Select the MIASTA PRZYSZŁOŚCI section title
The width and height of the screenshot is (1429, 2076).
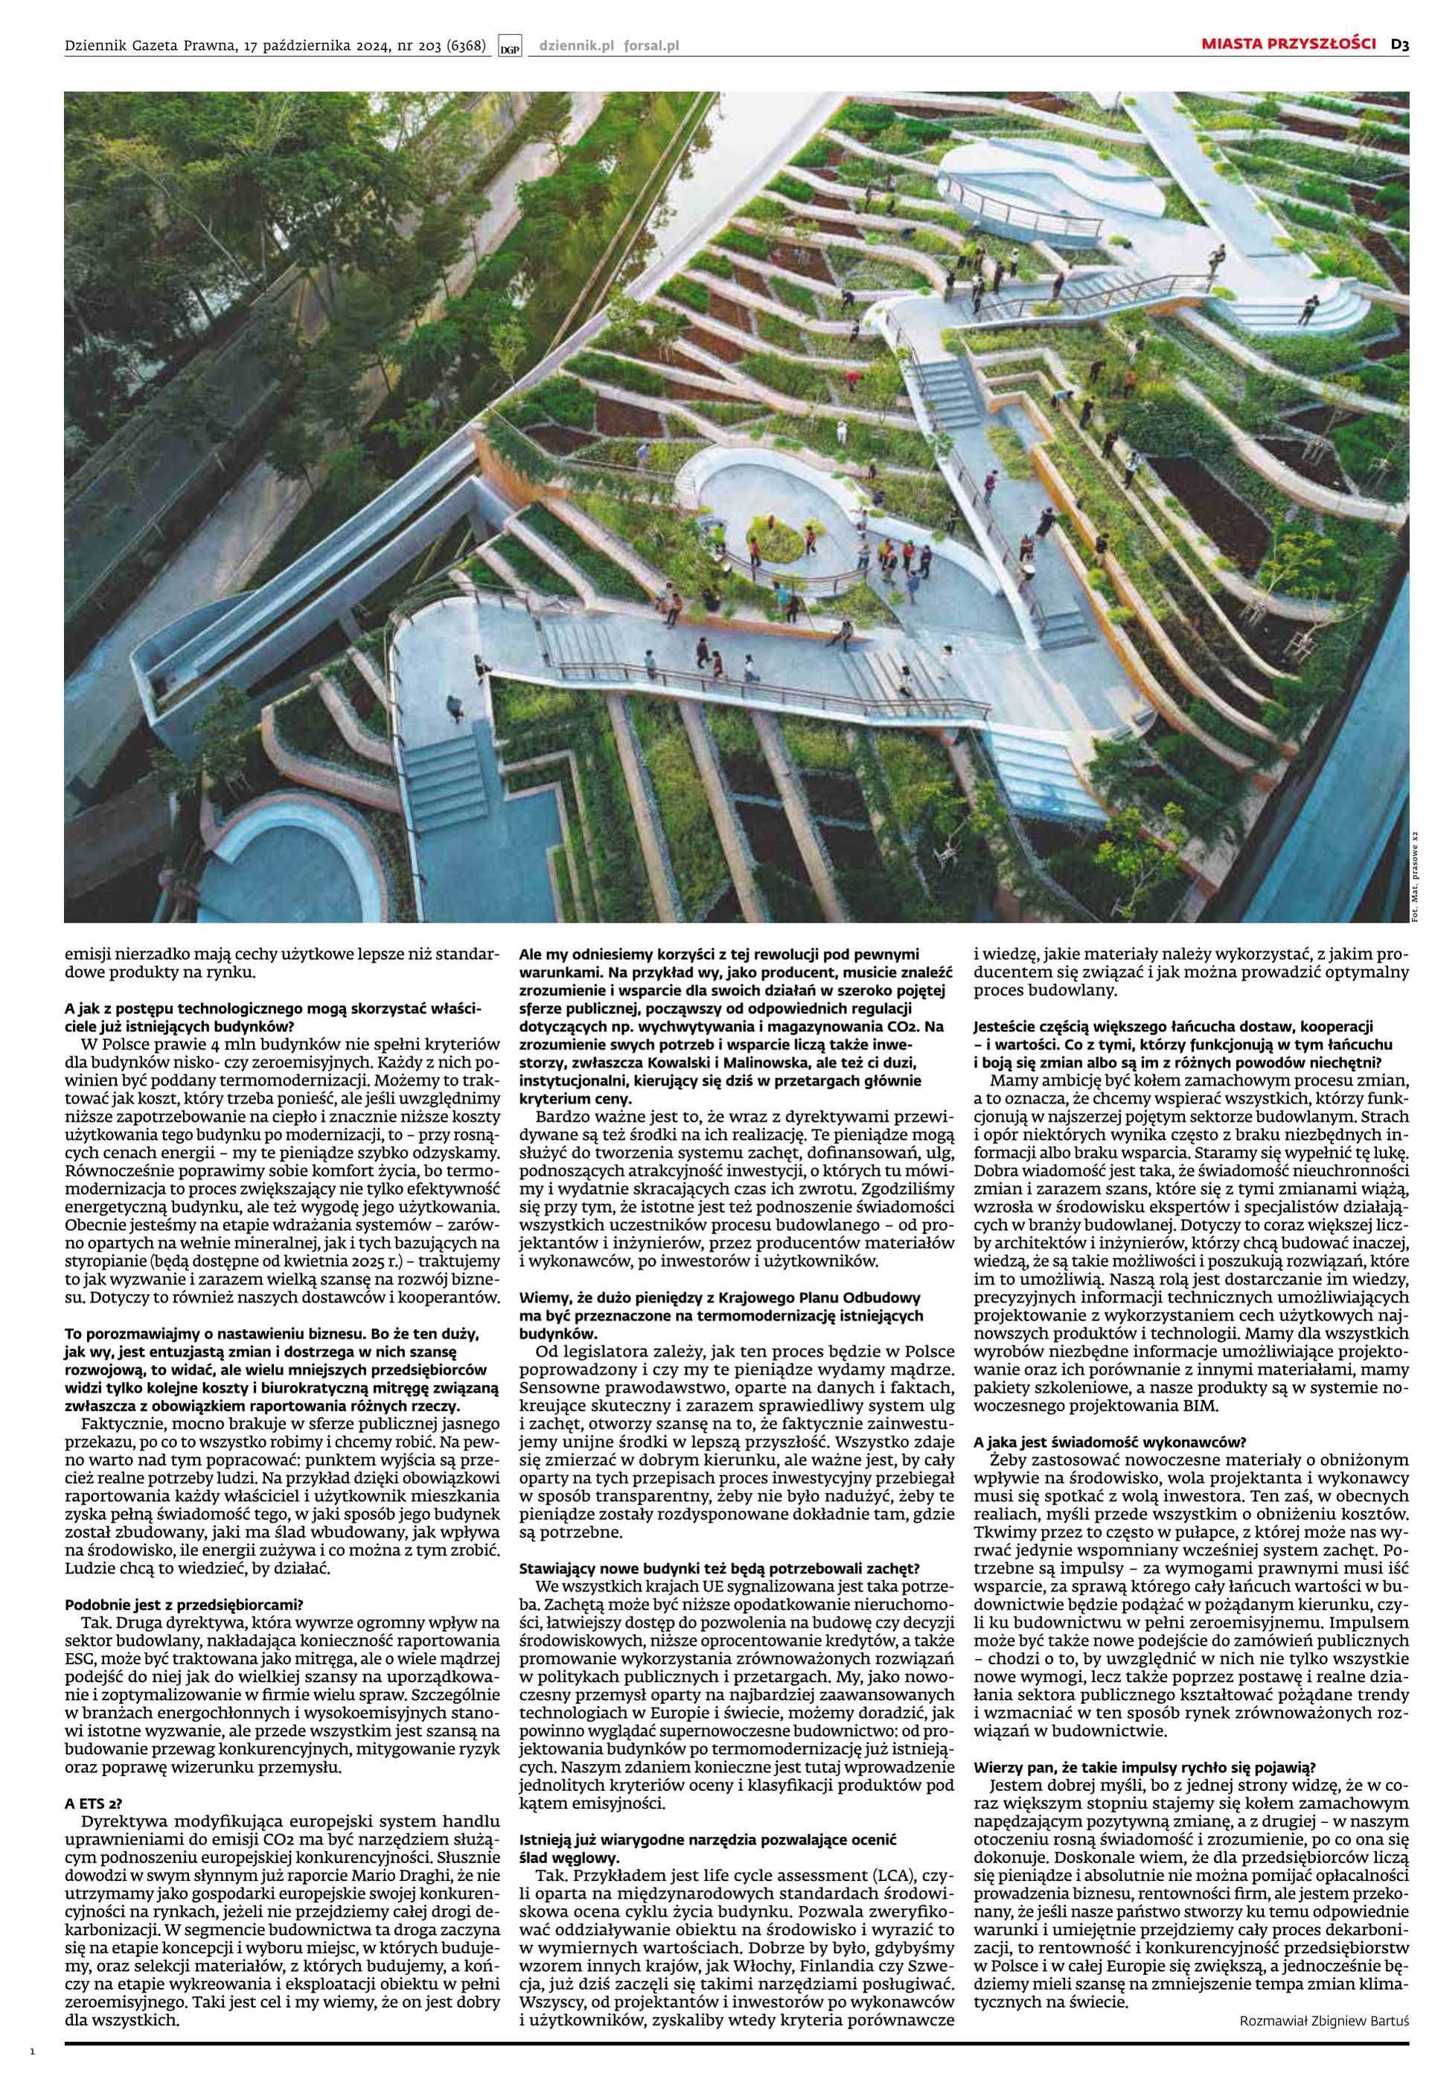click(1288, 44)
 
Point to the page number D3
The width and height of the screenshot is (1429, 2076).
click(1399, 44)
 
